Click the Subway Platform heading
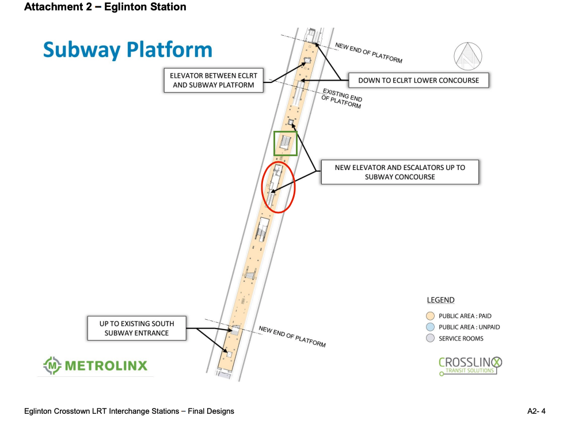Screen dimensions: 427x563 127,50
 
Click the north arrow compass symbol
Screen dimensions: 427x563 467,56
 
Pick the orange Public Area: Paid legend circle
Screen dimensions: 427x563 430,316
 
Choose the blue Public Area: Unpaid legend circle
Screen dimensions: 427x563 430,327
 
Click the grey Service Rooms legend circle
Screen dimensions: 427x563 430,338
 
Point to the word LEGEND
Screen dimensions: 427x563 440,300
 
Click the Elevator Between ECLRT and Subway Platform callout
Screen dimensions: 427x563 213,80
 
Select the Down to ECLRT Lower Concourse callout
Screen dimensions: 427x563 419,80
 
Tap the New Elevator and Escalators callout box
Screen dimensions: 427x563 400,172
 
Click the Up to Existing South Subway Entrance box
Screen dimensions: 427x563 136,328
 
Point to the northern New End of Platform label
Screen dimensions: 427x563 368,53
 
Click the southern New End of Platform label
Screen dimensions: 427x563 292,337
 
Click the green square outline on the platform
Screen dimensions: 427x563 286,143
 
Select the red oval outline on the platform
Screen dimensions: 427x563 279,187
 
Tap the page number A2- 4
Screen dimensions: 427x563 536,411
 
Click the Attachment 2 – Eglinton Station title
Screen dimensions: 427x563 105,7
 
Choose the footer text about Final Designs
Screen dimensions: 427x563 129,411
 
